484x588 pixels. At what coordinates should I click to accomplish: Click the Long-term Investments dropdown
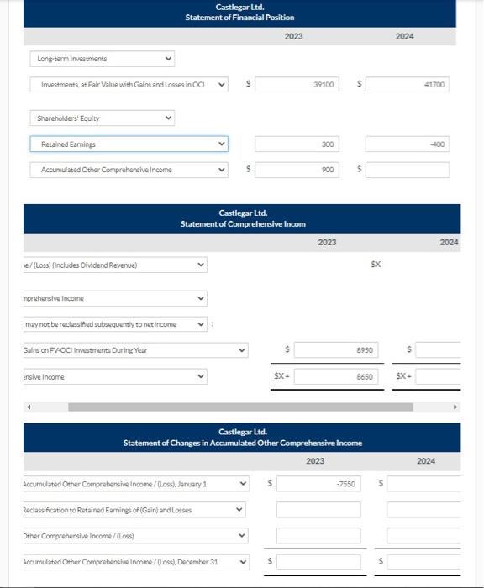coord(103,59)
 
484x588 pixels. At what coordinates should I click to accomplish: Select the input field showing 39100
coord(297,85)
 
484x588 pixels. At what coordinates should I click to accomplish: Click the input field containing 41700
coord(408,85)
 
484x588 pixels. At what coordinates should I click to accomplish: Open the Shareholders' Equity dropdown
coord(103,118)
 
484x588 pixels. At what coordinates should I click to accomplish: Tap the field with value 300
coord(297,144)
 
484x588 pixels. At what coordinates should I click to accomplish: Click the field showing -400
coord(408,144)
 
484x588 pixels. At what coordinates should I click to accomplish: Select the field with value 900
coord(297,170)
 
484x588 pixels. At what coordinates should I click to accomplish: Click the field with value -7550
coord(318,484)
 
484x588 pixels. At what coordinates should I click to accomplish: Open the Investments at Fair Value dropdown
coord(129,85)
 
